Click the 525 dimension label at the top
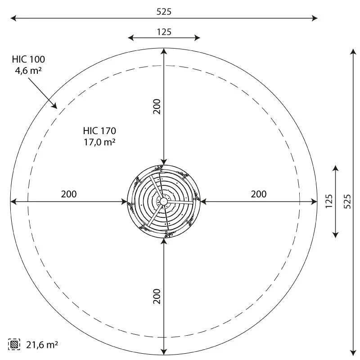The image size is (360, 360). (x=164, y=12)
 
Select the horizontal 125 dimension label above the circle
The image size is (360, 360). (x=164, y=32)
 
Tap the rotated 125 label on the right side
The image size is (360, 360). (x=329, y=201)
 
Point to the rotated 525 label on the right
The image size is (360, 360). (x=347, y=201)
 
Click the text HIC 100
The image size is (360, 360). (x=28, y=59)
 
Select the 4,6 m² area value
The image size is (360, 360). (x=28, y=71)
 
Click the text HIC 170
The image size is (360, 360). (x=99, y=131)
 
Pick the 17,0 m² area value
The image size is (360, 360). (x=99, y=142)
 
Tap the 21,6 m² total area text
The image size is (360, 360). (x=42, y=345)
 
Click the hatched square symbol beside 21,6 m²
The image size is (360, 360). (x=14, y=344)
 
